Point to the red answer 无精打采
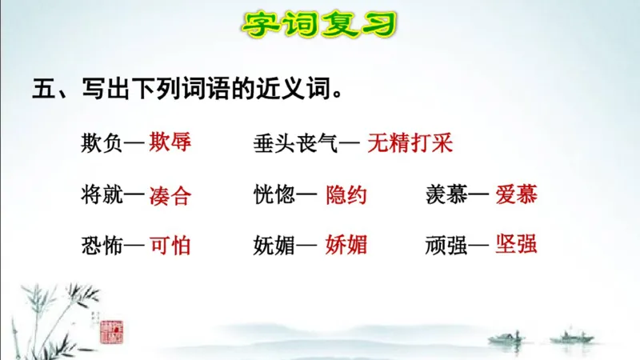pos(410,143)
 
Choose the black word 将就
pos(102,194)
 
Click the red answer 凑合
pos(170,196)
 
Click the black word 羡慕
pos(446,194)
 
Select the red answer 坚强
pos(516,244)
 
